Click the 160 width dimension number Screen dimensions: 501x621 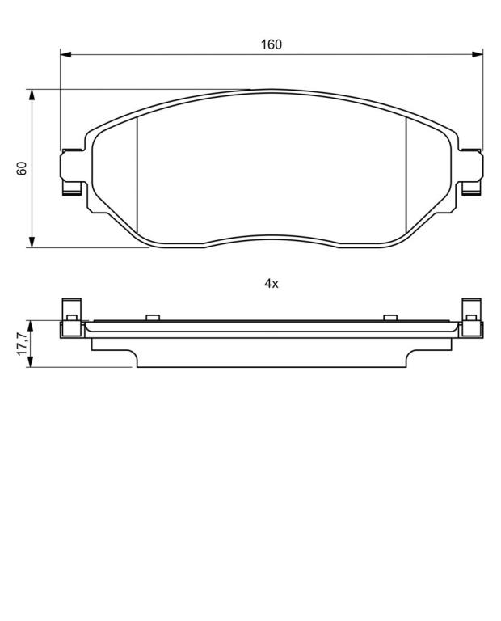pos(271,44)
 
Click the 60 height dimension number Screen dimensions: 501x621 pos(22,168)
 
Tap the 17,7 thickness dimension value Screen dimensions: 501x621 pos(22,344)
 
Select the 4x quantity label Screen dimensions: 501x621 pos(272,284)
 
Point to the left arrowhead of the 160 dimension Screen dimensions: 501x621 pos(65,54)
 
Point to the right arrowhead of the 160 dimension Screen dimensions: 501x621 pos(478,54)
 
